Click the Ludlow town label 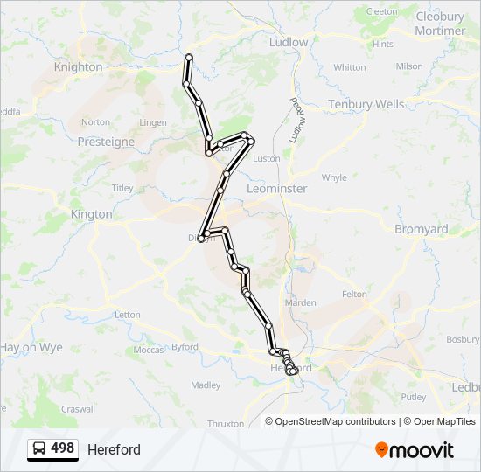(289, 42)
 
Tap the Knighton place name (78, 66)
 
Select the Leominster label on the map (277, 188)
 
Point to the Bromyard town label (421, 229)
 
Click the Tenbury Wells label (366, 104)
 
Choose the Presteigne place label (105, 141)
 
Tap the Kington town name (92, 213)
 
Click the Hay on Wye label (31, 347)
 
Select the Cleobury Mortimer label (441, 24)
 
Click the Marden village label (300, 302)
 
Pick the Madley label (206, 385)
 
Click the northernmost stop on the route (188, 58)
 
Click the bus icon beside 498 (40, 448)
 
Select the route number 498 (63, 448)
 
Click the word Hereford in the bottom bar (114, 449)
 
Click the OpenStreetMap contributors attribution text (332, 421)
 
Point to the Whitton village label (349, 67)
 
